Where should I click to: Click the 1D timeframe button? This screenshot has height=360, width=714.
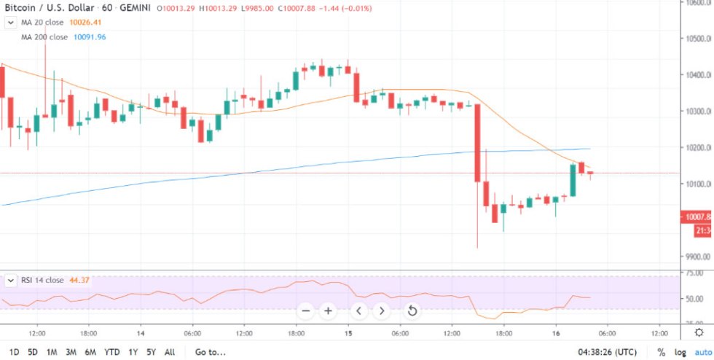[x=14, y=352]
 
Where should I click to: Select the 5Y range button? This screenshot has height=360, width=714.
[x=151, y=352]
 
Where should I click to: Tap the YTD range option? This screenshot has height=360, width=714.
[x=111, y=352]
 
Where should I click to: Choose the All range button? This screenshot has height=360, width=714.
[x=170, y=352]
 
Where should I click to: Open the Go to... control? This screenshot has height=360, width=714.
[x=210, y=352]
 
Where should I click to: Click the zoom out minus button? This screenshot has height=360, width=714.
[x=306, y=311]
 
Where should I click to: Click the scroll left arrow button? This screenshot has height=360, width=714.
[x=358, y=311]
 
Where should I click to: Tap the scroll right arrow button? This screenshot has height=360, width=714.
[x=382, y=311]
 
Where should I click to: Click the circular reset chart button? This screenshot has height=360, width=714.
[x=412, y=311]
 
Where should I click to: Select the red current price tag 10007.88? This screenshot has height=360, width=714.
[x=697, y=216]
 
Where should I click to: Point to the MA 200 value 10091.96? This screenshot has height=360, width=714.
[x=90, y=36]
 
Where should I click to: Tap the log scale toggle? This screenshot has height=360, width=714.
[x=681, y=352]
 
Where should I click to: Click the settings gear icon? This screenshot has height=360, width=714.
[x=699, y=332]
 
